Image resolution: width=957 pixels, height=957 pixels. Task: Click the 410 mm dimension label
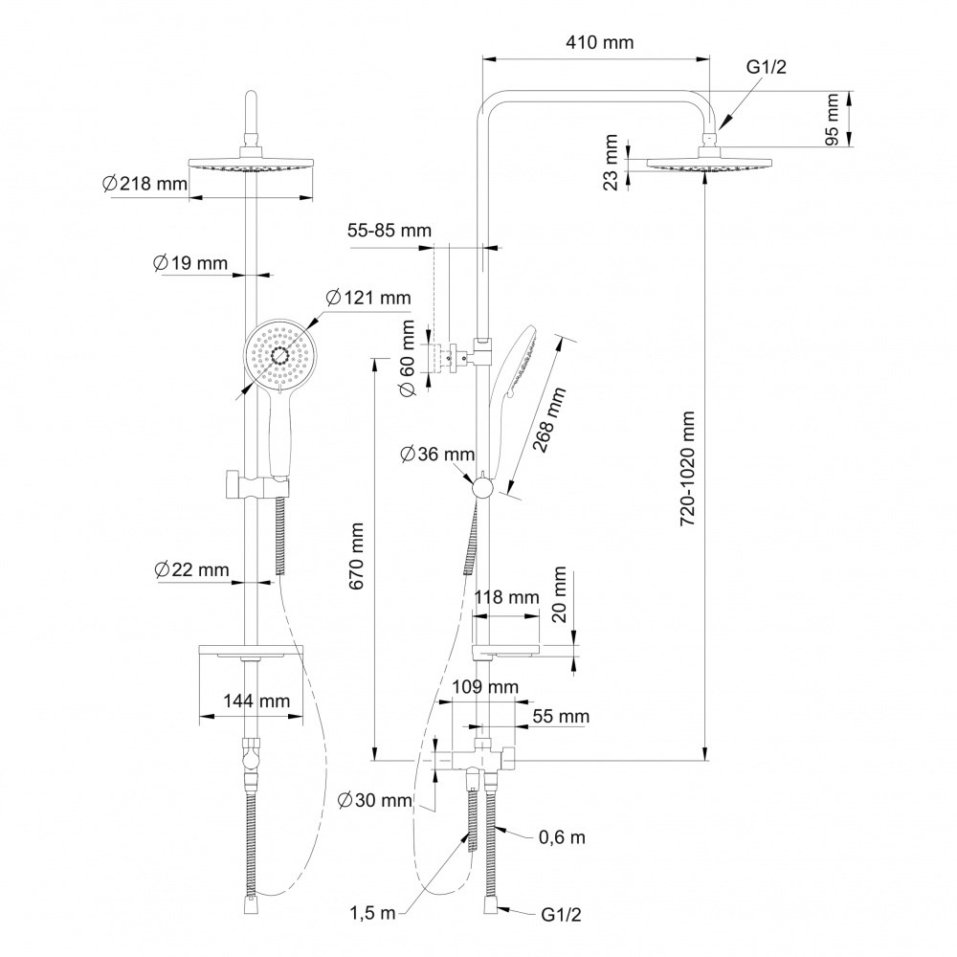click(600, 42)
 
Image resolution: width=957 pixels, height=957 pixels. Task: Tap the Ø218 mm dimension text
click(145, 183)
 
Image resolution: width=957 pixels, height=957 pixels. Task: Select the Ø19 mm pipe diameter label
click(189, 263)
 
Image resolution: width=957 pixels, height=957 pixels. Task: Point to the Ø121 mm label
click(368, 298)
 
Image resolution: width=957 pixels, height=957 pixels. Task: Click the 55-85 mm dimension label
click(389, 231)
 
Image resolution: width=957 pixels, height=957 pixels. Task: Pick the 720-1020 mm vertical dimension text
click(688, 468)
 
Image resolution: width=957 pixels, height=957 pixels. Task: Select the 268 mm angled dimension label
click(549, 420)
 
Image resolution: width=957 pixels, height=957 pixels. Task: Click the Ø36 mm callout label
click(437, 454)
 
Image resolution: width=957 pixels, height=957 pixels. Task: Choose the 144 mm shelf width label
click(256, 701)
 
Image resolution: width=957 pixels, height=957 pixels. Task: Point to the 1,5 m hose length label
click(372, 913)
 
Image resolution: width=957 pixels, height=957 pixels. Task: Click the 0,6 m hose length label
click(562, 837)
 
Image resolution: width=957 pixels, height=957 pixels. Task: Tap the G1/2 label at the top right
click(767, 67)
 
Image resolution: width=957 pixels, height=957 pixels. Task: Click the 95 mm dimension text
click(831, 120)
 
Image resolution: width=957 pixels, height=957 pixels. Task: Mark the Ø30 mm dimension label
click(375, 799)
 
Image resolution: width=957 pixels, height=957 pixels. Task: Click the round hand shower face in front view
click(280, 355)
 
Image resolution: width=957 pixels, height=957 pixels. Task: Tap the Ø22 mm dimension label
click(191, 569)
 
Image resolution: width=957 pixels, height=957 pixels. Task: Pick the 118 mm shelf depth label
click(507, 597)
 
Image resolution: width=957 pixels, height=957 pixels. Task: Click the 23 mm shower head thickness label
click(611, 163)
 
